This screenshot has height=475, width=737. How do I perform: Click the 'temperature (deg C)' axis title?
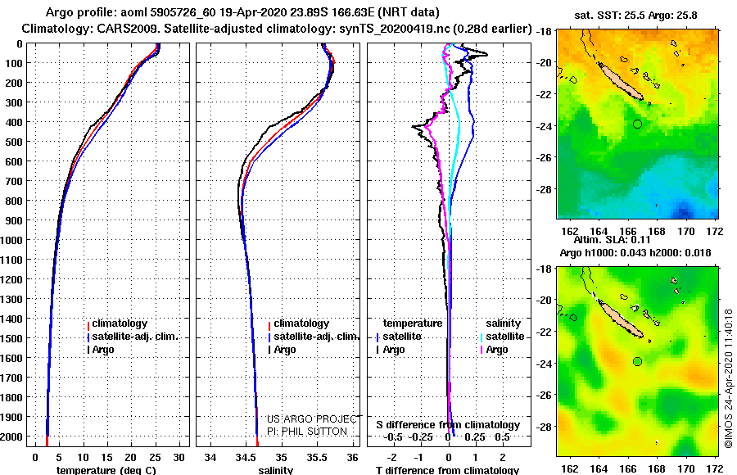click(x=106, y=470)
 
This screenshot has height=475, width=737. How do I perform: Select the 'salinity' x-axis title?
click(x=276, y=470)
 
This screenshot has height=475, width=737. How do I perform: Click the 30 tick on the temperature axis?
click(x=179, y=458)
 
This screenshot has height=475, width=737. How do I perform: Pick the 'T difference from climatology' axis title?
click(x=447, y=470)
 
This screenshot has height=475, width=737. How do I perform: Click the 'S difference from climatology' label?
click(x=448, y=425)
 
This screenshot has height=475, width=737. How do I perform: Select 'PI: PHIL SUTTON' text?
click(x=307, y=432)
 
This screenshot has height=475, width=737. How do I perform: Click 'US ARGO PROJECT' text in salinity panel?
click(x=312, y=418)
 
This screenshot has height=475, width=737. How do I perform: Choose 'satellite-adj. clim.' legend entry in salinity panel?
click(x=314, y=337)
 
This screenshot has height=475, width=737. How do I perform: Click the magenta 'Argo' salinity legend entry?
click(x=493, y=350)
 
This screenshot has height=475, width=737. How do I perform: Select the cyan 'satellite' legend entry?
click(x=502, y=337)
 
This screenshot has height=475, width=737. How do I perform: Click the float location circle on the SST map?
click(x=637, y=124)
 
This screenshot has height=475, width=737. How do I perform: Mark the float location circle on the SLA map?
click(x=637, y=362)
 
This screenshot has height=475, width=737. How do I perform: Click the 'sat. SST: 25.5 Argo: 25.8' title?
click(x=635, y=16)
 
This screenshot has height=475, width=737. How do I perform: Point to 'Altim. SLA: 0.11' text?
click(x=612, y=240)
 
